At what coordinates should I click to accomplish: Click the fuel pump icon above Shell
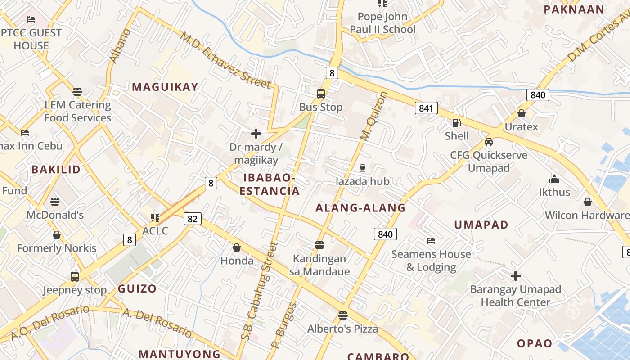(x=456, y=122)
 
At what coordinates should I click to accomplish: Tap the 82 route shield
(x=192, y=219)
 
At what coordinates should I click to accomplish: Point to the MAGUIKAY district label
(x=165, y=87)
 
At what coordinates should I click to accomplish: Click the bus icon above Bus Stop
(x=321, y=94)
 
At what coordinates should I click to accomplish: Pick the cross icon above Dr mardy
(x=256, y=134)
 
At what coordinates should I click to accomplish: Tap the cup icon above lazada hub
(x=363, y=168)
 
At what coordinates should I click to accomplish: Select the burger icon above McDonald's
(x=55, y=202)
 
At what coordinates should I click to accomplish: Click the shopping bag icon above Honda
(x=237, y=247)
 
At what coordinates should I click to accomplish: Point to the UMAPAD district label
(x=481, y=225)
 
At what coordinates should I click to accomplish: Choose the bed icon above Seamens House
(x=431, y=241)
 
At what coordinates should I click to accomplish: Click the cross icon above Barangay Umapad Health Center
(x=516, y=275)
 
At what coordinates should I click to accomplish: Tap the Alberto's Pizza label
(x=343, y=329)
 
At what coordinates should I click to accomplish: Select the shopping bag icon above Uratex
(x=521, y=113)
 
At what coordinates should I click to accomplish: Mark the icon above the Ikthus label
(x=554, y=179)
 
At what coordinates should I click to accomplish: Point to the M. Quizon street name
(x=373, y=116)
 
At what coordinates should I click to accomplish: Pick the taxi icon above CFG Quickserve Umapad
(x=489, y=142)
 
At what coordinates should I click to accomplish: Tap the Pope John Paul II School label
(x=382, y=23)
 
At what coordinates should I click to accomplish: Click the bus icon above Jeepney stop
(x=75, y=276)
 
